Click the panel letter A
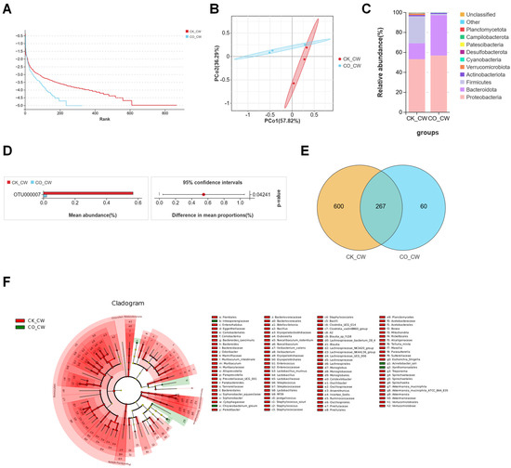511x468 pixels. pos(7,7)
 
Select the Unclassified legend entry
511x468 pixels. pos(477,12)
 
